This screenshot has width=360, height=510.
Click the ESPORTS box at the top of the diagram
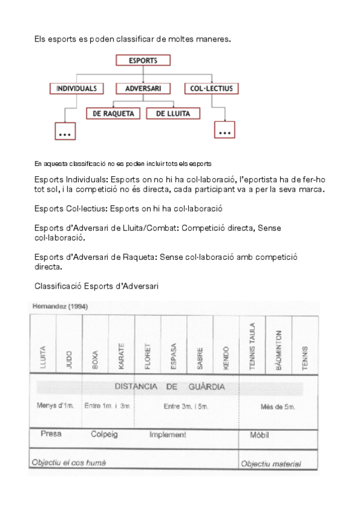pos(142,60)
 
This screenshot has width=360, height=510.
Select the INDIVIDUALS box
pos(76,88)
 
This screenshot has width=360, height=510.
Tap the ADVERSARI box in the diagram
pos(142,88)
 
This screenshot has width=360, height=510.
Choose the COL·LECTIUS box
pos(211,88)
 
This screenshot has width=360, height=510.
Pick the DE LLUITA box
pos(172,113)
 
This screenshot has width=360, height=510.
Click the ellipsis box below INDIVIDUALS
pos(65,132)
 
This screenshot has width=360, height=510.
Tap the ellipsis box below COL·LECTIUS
pos(225,131)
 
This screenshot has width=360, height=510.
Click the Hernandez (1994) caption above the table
pos(59,306)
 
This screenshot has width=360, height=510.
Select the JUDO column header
pos(69,357)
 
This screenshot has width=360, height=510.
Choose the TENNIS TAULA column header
pos(252,348)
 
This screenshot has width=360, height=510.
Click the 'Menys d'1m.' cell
pos(55,406)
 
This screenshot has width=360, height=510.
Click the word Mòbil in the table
pos(259,434)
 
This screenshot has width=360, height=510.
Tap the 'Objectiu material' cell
pos(270,464)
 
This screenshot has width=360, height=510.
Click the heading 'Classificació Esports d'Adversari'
pos(97,286)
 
